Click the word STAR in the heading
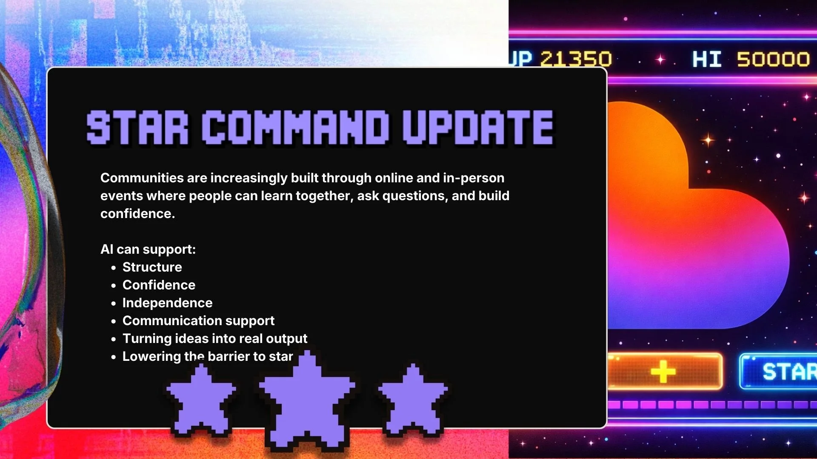137,127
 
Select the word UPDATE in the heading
478,127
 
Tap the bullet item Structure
152,267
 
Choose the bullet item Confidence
159,285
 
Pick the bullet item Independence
167,303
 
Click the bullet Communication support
198,321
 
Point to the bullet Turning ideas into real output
214,339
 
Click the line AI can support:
148,249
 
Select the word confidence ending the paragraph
137,214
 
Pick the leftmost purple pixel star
201,399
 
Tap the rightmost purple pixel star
413,399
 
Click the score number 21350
576,59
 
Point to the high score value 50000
773,59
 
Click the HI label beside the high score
707,59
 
